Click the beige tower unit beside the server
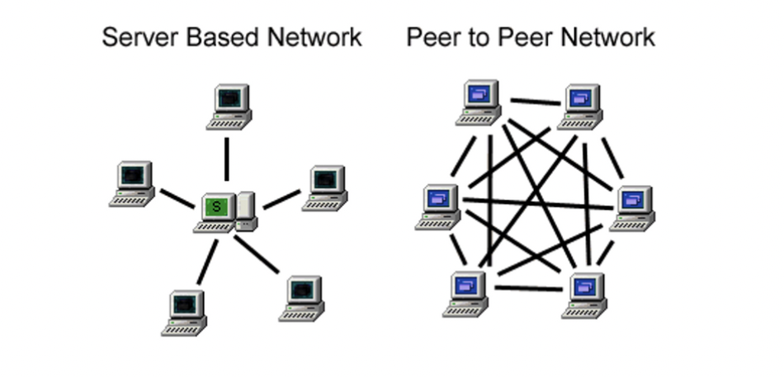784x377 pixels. point(245,211)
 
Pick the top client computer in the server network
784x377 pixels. point(229,106)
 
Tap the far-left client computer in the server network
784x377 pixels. point(133,182)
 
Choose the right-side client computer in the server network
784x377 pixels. point(326,187)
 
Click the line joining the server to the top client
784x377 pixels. point(227,158)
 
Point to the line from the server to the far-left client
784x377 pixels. point(176,198)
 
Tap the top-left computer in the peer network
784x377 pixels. point(479,102)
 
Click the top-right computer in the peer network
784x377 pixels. point(579,106)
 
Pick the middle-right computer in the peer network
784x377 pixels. point(633,207)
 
